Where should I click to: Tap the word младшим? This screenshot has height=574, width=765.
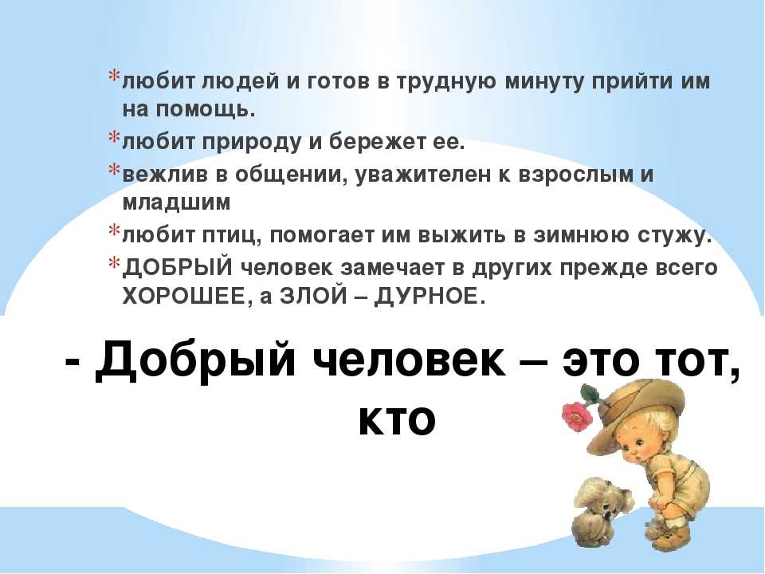pyautogui.click(x=176, y=202)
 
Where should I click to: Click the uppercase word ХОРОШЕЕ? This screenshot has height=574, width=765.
pyautogui.click(x=186, y=296)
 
